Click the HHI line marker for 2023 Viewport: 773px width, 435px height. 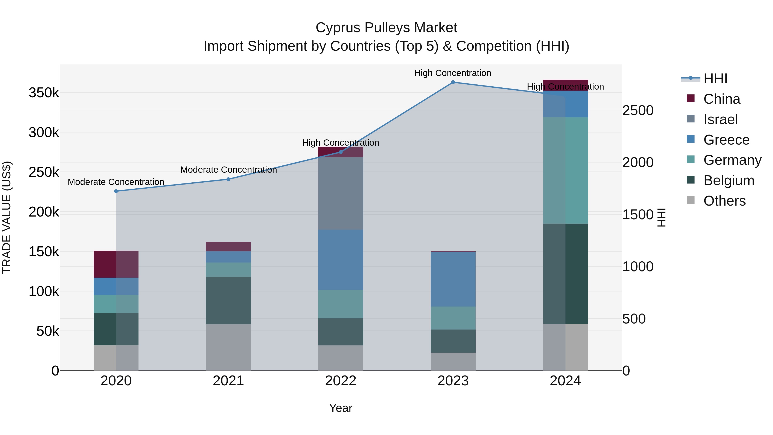point(453,82)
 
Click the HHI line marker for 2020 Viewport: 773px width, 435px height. point(116,191)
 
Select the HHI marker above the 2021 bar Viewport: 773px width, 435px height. point(228,179)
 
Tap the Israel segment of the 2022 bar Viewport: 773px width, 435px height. point(341,194)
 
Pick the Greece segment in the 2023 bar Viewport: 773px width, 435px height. point(453,279)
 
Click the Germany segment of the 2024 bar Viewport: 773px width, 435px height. point(565,171)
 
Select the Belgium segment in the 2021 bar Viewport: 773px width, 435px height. point(228,300)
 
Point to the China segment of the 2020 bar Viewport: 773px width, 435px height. point(116,264)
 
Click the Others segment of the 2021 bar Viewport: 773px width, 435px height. point(228,347)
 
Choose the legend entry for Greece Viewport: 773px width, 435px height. point(726,140)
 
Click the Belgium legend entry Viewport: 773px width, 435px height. point(729,181)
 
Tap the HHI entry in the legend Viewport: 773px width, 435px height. point(715,79)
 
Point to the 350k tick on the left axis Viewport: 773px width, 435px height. point(44,93)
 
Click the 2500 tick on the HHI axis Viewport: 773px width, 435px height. point(638,110)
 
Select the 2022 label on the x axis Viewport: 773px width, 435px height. point(341,381)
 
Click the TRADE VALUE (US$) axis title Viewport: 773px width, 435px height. point(7,217)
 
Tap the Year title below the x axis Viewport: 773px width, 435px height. point(341,408)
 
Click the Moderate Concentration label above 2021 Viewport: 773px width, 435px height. point(228,170)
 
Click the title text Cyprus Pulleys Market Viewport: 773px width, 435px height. point(386,28)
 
